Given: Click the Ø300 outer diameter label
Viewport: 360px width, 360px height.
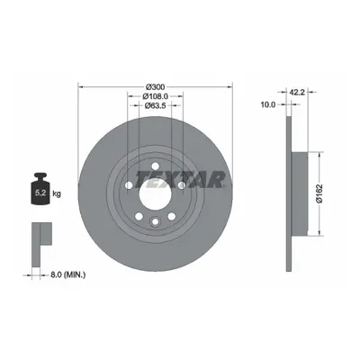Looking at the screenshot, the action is pyautogui.click(x=155, y=87).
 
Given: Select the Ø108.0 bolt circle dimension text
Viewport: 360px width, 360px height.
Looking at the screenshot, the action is pyautogui.click(x=155, y=96).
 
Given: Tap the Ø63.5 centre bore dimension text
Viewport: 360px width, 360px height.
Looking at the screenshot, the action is pyautogui.click(x=155, y=105).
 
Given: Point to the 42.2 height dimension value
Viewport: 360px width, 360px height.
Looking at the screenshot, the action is pyautogui.click(x=297, y=92).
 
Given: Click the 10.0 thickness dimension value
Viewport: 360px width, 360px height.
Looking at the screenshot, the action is pyautogui.click(x=268, y=104).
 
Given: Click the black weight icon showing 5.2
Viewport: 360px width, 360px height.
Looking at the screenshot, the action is pyautogui.click(x=40, y=189).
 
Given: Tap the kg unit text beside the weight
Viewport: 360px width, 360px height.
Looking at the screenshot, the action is pyautogui.click(x=57, y=193).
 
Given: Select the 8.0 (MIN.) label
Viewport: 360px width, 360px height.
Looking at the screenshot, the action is pyautogui.click(x=67, y=274).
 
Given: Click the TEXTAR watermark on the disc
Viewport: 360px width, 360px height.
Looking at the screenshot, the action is pyautogui.click(x=180, y=180).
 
